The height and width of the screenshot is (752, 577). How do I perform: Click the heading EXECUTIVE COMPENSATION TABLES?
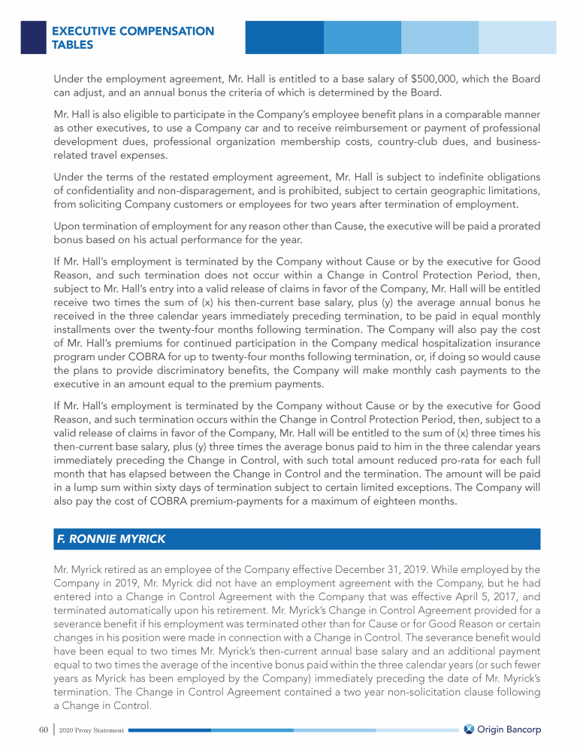coord(133,38)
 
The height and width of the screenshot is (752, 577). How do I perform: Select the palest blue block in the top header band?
coord(518,37)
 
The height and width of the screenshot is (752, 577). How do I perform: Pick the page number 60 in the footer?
coord(43,729)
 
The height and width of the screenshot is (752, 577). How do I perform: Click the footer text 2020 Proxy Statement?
coord(92,730)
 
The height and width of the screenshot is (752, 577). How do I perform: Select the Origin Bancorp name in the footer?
coord(510,729)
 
